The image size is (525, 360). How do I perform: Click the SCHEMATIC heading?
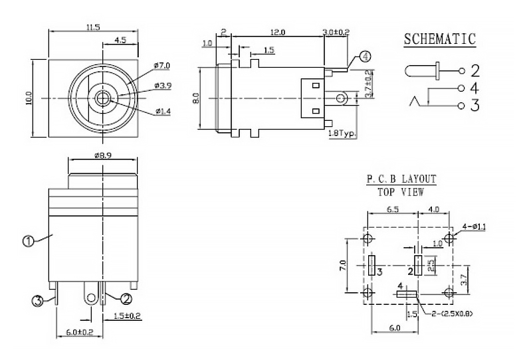[440, 39]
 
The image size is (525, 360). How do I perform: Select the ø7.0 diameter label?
[161, 65]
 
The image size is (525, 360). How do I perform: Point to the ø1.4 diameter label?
[162, 111]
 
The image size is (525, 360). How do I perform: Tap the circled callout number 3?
[39, 300]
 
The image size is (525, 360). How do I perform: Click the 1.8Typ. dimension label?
[342, 134]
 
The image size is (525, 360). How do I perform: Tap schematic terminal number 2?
[475, 70]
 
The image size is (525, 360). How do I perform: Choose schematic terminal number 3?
[475, 105]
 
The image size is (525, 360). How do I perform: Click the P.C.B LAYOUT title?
[401, 179]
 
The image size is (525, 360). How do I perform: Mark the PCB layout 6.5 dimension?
[392, 209]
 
